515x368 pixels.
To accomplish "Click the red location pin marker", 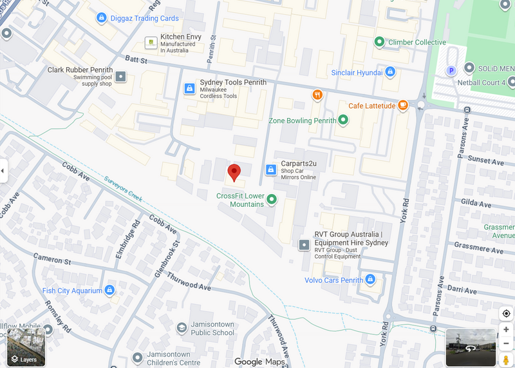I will pos(234,172).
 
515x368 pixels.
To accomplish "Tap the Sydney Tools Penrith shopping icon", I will pos(189,88).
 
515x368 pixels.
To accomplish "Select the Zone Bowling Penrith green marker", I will pos(343,120).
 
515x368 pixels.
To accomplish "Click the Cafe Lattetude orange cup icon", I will pos(403,106).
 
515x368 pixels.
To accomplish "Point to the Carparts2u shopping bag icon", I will pos(271,169).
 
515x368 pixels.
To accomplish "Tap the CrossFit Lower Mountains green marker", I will pos(271,199).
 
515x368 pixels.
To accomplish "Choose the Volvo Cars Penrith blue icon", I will pos(370,280).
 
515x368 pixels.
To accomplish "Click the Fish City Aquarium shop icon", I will pos(109,291).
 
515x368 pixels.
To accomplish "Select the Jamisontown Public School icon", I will pos(182,329).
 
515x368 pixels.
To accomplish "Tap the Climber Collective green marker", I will pos(380,42).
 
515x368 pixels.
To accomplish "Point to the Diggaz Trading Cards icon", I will pos(101,18).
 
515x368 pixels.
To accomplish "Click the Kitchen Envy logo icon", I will pos(150,43).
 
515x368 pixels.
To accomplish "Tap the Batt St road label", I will pos(136,61).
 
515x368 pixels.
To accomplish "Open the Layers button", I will pos(26,347).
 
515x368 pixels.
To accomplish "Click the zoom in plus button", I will pos(506,329).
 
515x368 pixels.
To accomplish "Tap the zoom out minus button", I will pos(506,344).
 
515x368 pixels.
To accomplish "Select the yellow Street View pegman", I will pos(506,360).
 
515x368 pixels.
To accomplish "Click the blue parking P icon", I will pos(451,70).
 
